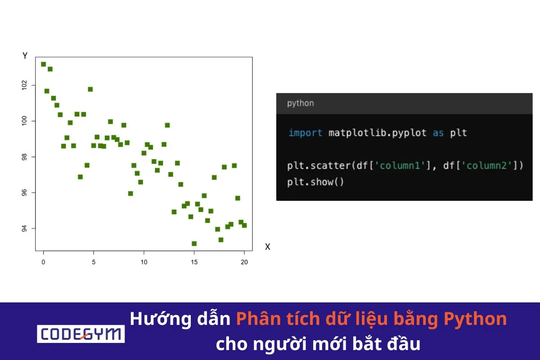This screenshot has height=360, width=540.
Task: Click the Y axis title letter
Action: tap(25, 56)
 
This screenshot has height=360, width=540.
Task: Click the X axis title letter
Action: tap(267, 247)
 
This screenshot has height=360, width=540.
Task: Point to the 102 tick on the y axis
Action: tap(24, 85)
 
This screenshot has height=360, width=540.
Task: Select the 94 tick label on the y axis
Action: tap(24, 228)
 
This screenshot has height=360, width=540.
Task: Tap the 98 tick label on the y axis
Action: tap(24, 157)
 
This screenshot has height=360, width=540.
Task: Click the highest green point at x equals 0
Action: tap(43, 64)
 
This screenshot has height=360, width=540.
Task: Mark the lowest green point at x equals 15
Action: tap(194, 243)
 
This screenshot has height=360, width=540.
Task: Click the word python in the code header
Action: tap(300, 103)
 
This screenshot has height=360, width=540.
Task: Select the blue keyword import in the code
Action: tap(305, 133)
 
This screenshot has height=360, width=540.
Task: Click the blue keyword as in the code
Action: tap(438, 133)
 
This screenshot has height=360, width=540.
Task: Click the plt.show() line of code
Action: tap(315, 182)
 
